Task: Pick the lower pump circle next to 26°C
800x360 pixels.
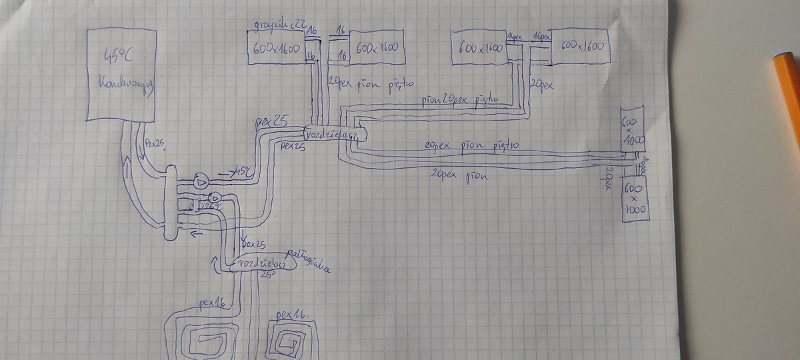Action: (x=215, y=198)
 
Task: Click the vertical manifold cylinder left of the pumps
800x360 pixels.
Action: (x=171, y=203)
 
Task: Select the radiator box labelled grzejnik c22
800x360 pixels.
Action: (x=276, y=48)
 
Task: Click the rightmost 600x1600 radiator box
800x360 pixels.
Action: (x=580, y=46)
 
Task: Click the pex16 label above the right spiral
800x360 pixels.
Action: (x=291, y=313)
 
